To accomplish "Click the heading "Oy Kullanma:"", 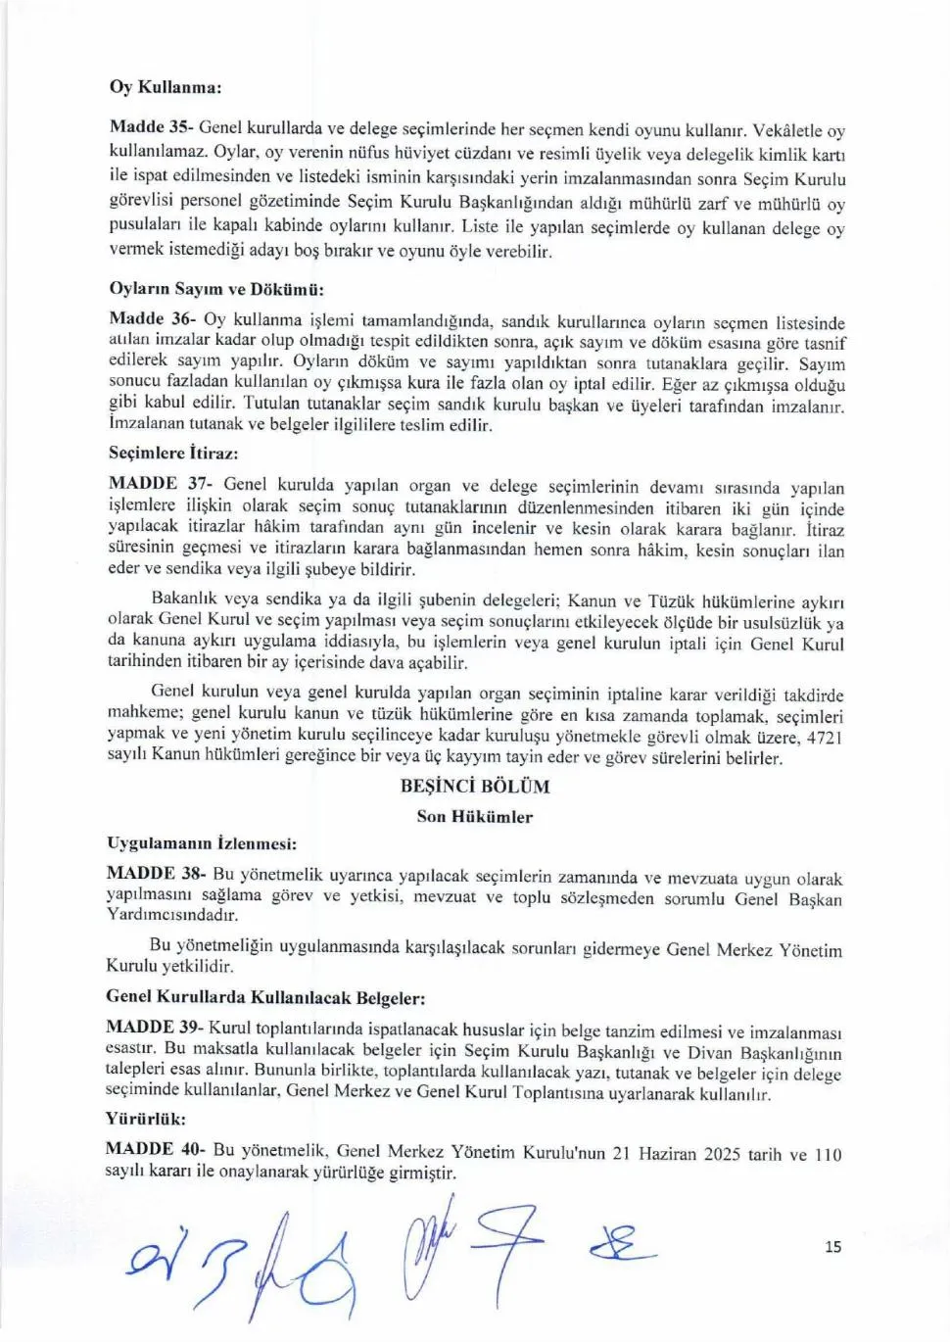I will [x=166, y=87].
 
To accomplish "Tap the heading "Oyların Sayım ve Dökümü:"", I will [x=215, y=290].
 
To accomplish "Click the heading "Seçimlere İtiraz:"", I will [x=172, y=454].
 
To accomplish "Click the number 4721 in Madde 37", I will [x=824, y=738].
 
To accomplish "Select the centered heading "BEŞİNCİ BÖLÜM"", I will [x=475, y=787].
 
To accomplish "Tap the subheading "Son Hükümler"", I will [x=475, y=817].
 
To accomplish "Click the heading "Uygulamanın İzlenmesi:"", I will [x=201, y=843].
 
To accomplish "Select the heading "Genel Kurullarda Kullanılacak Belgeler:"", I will [x=265, y=998].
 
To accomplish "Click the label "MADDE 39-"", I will [x=155, y=1028].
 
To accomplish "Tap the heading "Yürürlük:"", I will [x=145, y=1119].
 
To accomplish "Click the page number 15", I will [x=832, y=1247].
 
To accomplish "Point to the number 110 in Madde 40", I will [x=828, y=1154].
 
